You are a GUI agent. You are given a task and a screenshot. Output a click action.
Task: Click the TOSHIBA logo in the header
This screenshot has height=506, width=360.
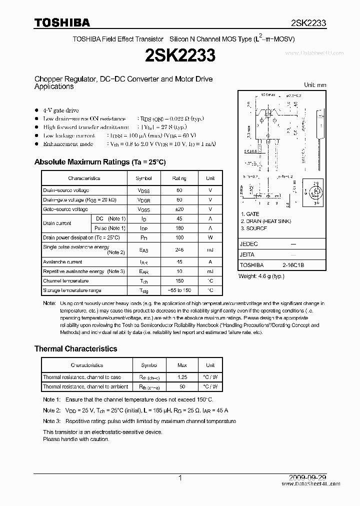pyautogui.click(x=62, y=22)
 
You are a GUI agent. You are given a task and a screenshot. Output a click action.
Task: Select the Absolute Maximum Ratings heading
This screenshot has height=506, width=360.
pyautogui.click(x=99, y=162)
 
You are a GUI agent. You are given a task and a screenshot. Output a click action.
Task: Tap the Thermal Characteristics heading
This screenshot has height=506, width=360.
pyautogui.click(x=75, y=348)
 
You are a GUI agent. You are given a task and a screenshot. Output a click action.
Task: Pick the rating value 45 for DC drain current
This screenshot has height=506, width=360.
pyautogui.click(x=179, y=219)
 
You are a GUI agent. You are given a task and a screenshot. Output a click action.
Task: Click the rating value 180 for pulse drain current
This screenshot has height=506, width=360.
pyautogui.click(x=179, y=228)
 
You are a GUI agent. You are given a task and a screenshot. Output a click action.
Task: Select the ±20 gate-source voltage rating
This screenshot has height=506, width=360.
pyautogui.click(x=179, y=209)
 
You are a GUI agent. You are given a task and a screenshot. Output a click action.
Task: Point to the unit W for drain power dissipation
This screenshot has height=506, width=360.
pyautogui.click(x=210, y=238)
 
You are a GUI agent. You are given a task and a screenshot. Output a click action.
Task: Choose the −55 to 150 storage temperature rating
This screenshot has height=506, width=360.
pyautogui.click(x=179, y=290)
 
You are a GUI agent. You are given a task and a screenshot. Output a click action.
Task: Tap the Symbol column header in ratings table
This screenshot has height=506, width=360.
pyautogui.click(x=144, y=178)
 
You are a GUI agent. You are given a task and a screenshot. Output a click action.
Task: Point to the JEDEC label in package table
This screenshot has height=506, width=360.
pyautogui.click(x=249, y=244)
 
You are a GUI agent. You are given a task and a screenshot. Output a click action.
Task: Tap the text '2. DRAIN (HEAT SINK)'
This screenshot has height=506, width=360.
pyautogui.click(x=265, y=221)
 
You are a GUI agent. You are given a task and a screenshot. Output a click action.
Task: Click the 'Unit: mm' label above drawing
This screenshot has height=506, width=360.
pyautogui.click(x=315, y=85)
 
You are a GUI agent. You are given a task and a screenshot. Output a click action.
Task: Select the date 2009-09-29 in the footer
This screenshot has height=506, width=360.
pyautogui.click(x=308, y=478)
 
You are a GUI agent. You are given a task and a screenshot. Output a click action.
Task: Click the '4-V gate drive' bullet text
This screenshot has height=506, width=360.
pyautogui.click(x=61, y=110)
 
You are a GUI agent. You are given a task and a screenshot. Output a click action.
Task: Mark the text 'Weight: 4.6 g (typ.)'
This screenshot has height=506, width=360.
pyautogui.click(x=263, y=276)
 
